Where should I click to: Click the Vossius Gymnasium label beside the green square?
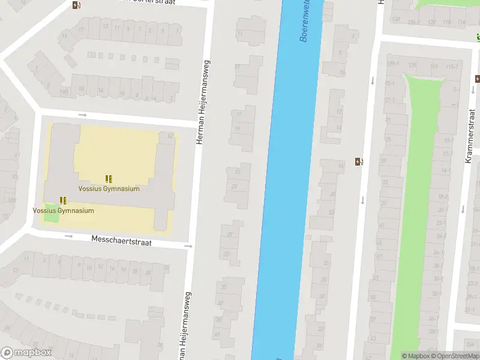pyautogui.click(x=63, y=211)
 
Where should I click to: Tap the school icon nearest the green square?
pyautogui.click(x=63, y=200)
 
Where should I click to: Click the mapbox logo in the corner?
pyautogui.click(x=26, y=353)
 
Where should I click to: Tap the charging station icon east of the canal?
pyautogui.click(x=359, y=161)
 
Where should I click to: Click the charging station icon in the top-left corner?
pyautogui.click(x=76, y=5)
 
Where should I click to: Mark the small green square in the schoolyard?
pyautogui.click(x=52, y=211)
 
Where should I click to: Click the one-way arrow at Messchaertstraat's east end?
pyautogui.click(x=188, y=245)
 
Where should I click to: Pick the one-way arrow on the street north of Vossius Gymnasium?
pyautogui.click(x=82, y=115)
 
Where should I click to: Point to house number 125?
pyautogui.click(x=412, y=65)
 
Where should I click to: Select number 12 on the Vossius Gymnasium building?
pyautogui.click(x=170, y=136)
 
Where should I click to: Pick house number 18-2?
pyautogui.click(x=443, y=196)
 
